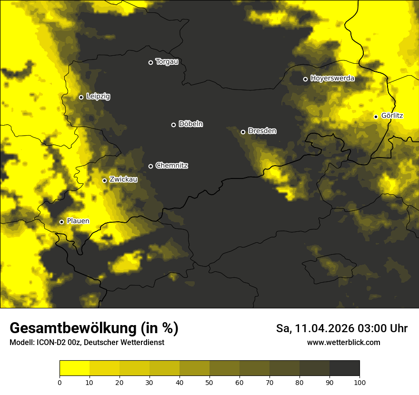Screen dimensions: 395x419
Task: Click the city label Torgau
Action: [167, 62]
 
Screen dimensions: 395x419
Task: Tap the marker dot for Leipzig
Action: [81, 97]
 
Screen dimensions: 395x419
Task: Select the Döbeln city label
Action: [190, 124]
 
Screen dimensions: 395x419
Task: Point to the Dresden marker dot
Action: [243, 132]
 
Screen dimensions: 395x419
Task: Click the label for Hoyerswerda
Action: [332, 79]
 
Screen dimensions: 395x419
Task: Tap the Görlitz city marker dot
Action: [376, 117]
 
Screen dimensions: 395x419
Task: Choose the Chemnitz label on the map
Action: [171, 166]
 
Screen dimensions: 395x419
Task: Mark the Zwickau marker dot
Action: [105, 180]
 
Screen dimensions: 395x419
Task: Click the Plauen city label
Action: [78, 221]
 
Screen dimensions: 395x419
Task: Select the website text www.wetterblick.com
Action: [343, 343]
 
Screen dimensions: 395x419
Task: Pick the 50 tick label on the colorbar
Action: [209, 382]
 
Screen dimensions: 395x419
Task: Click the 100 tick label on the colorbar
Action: [359, 382]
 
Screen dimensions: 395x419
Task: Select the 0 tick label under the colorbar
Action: [60, 382]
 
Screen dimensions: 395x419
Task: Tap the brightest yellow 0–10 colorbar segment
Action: [74, 368]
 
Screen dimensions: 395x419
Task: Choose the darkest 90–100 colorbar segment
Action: [344, 368]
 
